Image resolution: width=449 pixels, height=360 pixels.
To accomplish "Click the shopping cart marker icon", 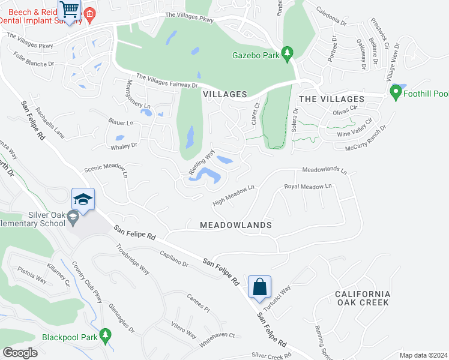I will pyautogui.click(x=70, y=10).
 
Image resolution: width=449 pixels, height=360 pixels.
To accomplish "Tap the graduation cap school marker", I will pyautogui.click(x=83, y=199).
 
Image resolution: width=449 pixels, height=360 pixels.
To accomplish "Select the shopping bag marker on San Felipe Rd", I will pyautogui.click(x=260, y=287).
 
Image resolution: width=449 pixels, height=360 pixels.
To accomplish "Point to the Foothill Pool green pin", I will pyautogui.click(x=396, y=93).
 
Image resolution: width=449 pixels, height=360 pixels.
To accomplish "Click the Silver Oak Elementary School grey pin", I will pyautogui.click(x=73, y=218).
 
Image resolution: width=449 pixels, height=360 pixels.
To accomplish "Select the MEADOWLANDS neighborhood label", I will pyautogui.click(x=237, y=225).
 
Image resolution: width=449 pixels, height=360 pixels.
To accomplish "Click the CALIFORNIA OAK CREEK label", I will pyautogui.click(x=363, y=298).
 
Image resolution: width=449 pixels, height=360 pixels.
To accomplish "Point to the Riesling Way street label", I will pyautogui.click(x=202, y=162).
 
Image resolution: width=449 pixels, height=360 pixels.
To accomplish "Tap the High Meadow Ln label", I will pyautogui.click(x=234, y=194).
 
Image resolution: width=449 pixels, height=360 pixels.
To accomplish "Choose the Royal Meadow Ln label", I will pyautogui.click(x=308, y=187).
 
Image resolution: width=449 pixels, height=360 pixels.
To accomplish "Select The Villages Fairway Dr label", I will pyautogui.click(x=167, y=81).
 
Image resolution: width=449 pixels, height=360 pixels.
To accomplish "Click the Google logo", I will pyautogui.click(x=20, y=353).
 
